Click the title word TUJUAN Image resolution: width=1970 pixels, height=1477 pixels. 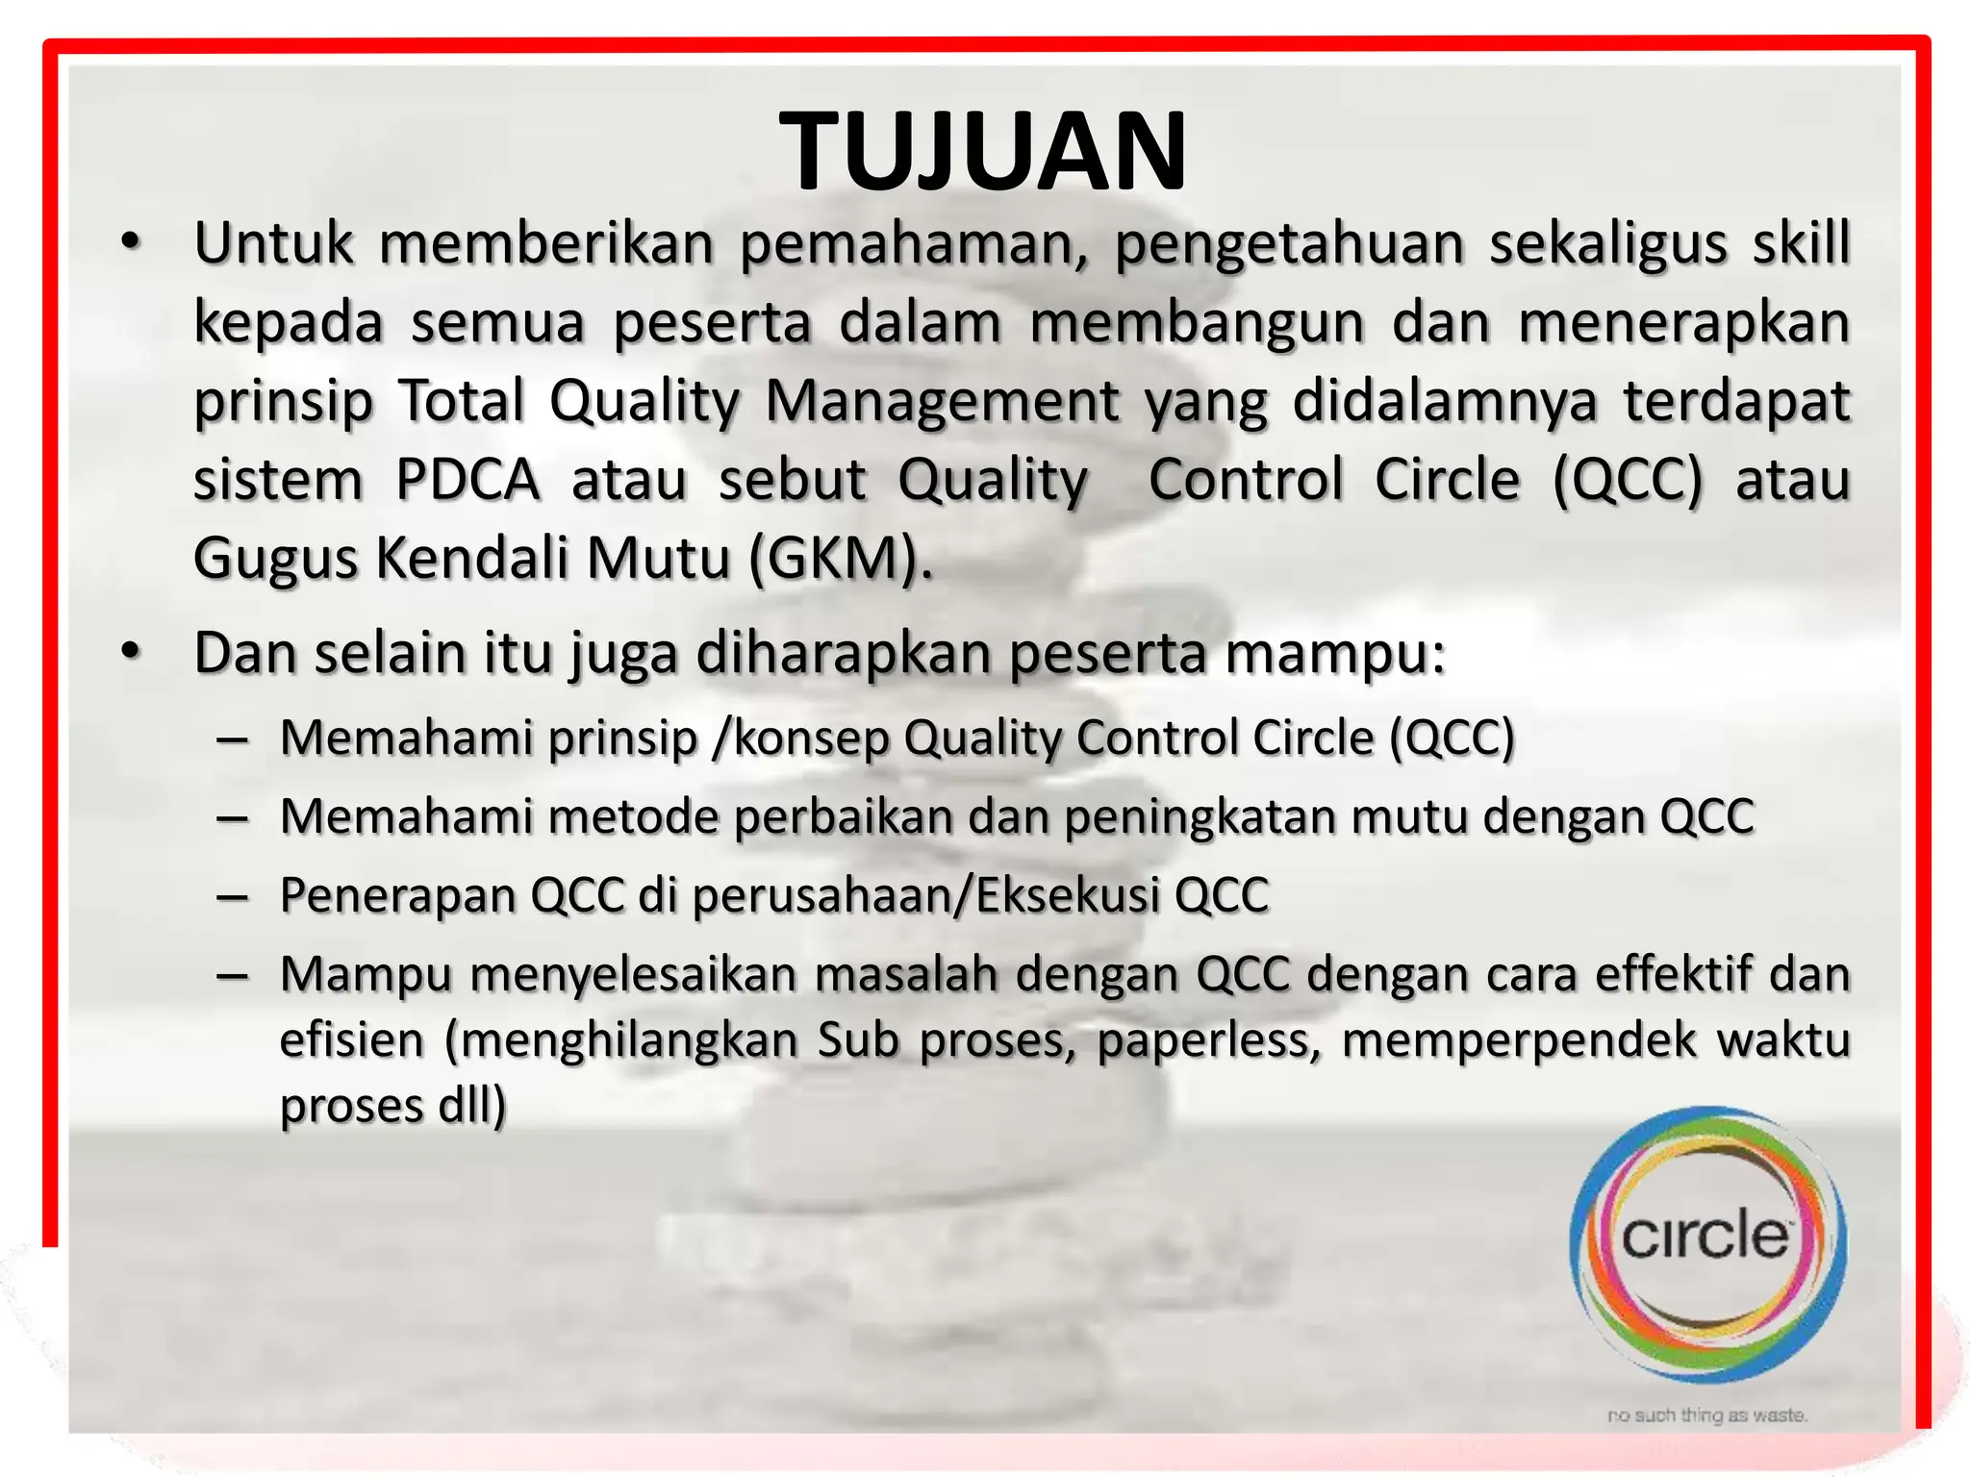pyautogui.click(x=983, y=152)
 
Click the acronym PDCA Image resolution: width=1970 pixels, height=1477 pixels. pyautogui.click(x=467, y=480)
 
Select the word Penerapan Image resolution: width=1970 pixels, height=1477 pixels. pyautogui.click(x=397, y=896)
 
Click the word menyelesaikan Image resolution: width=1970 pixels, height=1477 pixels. pyautogui.click(x=635, y=975)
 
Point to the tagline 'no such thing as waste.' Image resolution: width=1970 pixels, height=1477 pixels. pyautogui.click(x=1707, y=1414)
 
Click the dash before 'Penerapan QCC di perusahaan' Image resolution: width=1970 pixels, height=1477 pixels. pyautogui.click(x=233, y=896)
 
